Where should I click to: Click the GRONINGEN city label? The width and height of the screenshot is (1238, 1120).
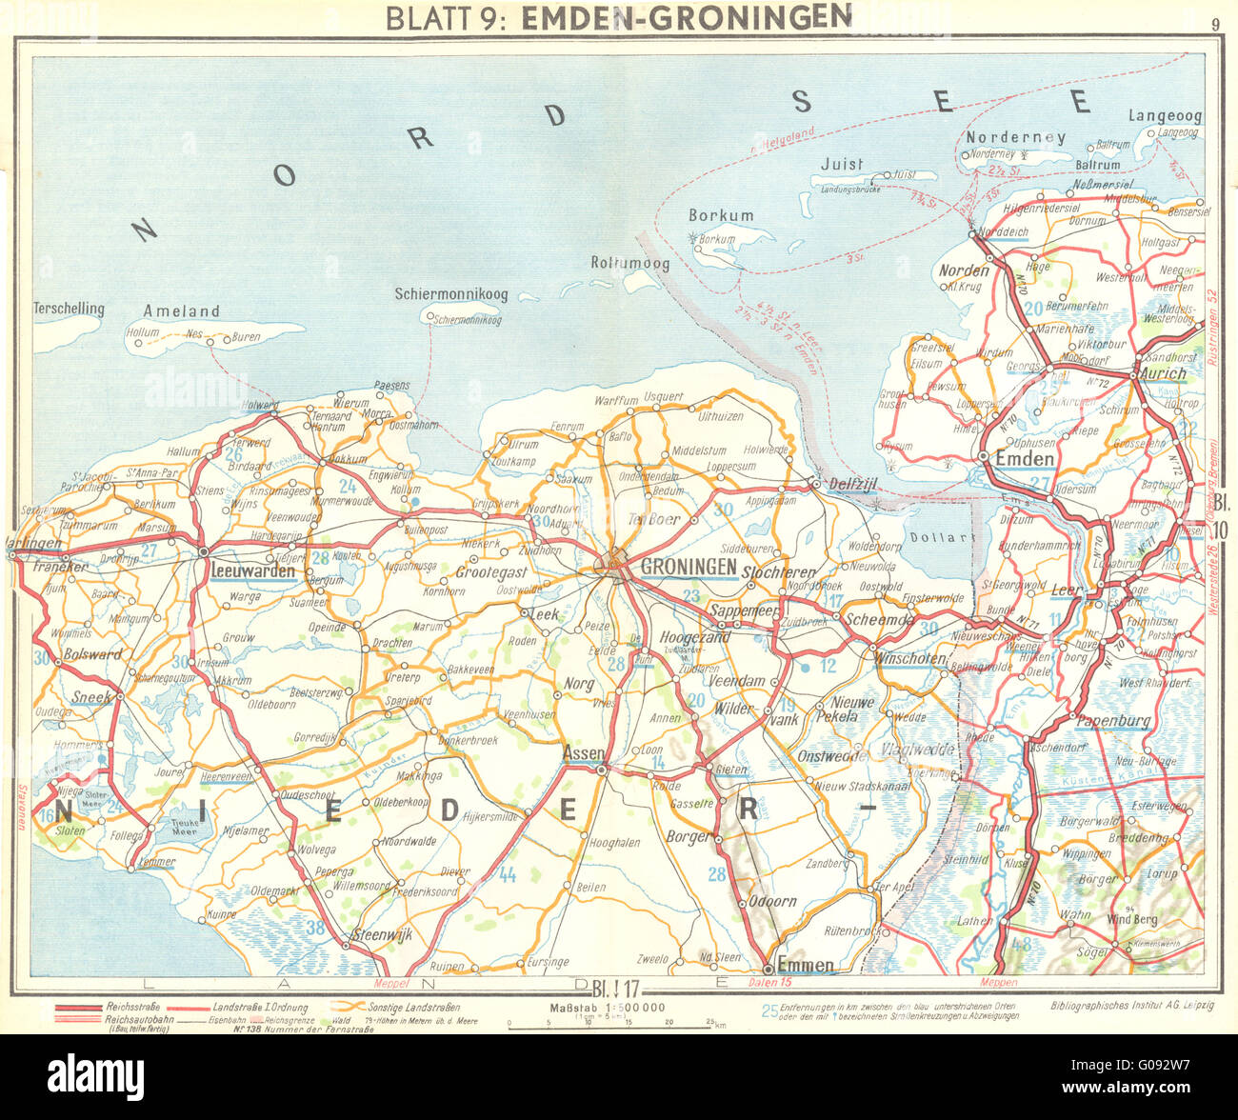pyautogui.click(x=689, y=567)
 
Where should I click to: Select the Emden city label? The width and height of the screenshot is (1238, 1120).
pyautogui.click(x=1024, y=459)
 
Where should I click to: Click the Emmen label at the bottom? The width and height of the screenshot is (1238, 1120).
pyautogui.click(x=806, y=965)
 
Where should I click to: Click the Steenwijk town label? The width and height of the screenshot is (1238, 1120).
pyautogui.click(x=381, y=935)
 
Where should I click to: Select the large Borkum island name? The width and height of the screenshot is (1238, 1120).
pyautogui.click(x=721, y=216)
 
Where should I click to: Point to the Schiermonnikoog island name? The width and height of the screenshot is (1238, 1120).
pyautogui.click(x=450, y=295)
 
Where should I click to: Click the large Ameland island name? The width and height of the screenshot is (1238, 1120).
pyautogui.click(x=181, y=311)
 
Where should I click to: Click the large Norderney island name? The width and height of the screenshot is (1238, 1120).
pyautogui.click(x=1015, y=137)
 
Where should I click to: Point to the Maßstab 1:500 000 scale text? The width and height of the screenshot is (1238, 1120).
pyautogui.click(x=607, y=1008)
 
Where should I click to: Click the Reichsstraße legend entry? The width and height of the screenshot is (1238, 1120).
pyautogui.click(x=132, y=1007)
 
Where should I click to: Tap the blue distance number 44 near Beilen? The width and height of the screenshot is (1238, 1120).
pyautogui.click(x=508, y=874)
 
